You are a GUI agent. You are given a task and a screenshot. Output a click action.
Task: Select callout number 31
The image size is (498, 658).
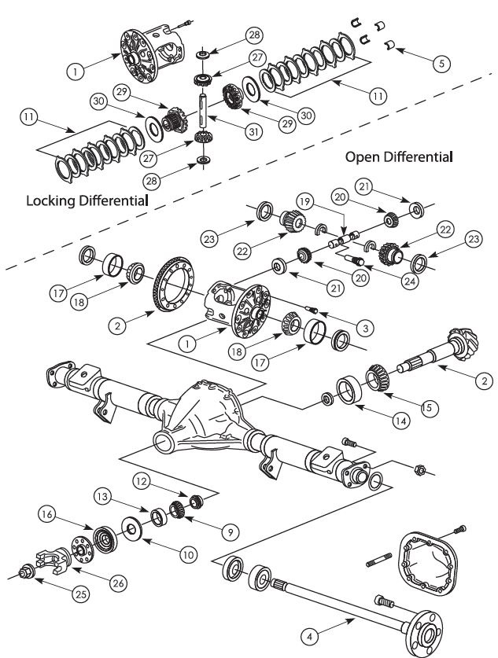pos(252,133)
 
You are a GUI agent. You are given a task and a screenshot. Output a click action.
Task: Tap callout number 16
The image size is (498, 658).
pos(45,515)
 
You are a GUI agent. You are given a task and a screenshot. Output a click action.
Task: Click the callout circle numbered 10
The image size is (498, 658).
pos(186,553)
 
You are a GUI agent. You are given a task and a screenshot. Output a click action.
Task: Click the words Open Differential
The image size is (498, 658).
pos(399,157)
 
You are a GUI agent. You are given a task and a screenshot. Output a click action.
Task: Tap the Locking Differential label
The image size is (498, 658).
pos(87,200)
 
